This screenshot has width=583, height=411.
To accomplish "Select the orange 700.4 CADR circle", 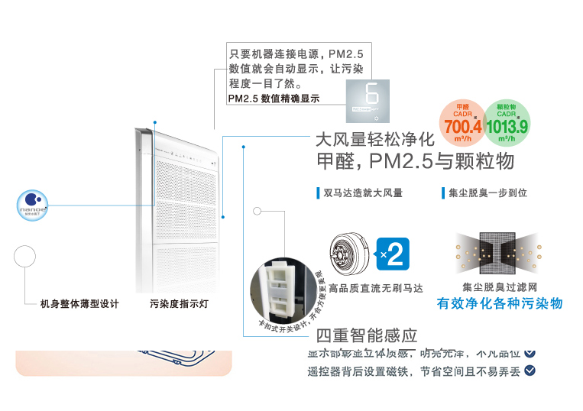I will [462, 123].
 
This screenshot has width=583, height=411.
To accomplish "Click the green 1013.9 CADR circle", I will [507, 123].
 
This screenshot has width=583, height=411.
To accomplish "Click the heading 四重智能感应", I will [367, 335].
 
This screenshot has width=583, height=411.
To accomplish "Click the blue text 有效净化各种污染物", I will [500, 303].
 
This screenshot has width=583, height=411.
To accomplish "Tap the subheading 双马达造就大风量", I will [363, 193].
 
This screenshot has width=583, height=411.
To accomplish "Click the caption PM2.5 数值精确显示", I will [274, 99].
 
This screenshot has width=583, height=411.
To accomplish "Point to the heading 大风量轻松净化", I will [374, 140].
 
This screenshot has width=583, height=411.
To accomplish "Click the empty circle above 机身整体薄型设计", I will [25, 256].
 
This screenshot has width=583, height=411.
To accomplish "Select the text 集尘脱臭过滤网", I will [500, 288].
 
